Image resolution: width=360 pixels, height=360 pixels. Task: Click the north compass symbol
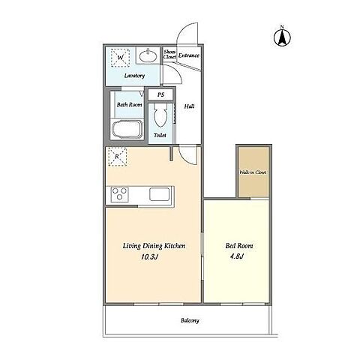(282, 37)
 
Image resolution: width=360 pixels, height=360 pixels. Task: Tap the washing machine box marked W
(120, 58)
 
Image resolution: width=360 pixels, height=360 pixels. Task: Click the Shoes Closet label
(169, 54)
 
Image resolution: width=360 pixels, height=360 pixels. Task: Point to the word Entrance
(189, 55)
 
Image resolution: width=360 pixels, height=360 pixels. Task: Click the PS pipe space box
(160, 94)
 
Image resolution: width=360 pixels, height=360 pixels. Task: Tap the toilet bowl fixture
(160, 115)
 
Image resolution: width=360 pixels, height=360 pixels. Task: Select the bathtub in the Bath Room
(127, 130)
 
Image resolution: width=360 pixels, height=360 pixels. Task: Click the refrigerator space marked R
(117, 157)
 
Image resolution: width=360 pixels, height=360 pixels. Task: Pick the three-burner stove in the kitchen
(119, 193)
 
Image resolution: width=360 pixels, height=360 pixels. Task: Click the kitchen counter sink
(159, 194)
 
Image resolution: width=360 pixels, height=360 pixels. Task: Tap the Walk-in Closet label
(253, 172)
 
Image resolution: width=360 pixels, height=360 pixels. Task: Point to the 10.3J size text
(149, 256)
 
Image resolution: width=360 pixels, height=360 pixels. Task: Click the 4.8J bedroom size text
(236, 256)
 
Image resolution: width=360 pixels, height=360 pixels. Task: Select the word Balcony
(190, 320)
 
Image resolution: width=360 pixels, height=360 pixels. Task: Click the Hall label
(189, 106)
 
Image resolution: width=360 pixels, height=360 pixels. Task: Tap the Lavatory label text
(134, 76)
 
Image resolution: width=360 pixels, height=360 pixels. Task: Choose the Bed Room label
(239, 246)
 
